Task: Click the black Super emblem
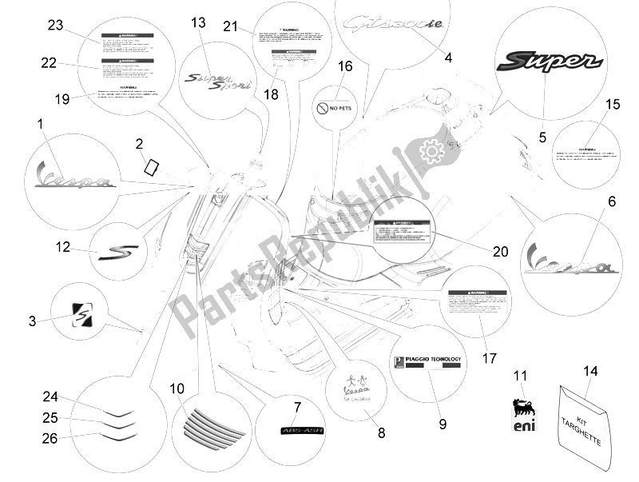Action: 544,62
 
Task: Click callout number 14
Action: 590,348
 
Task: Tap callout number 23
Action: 55,25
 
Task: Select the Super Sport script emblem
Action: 218,79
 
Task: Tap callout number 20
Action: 500,251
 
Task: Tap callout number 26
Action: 50,438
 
